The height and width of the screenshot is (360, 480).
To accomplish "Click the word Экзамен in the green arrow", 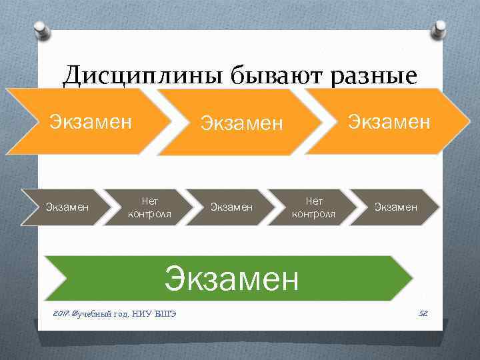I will pyautogui.click(x=231, y=278).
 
